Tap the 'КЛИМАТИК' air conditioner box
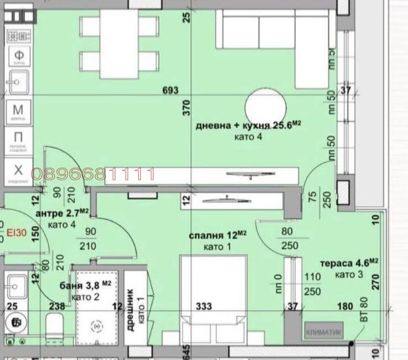click(323, 333)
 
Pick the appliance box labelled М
click(18, 109)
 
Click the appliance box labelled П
click(18, 138)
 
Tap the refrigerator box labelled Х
click(18, 170)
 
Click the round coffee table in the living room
click(266, 106)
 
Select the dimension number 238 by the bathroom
click(57, 305)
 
